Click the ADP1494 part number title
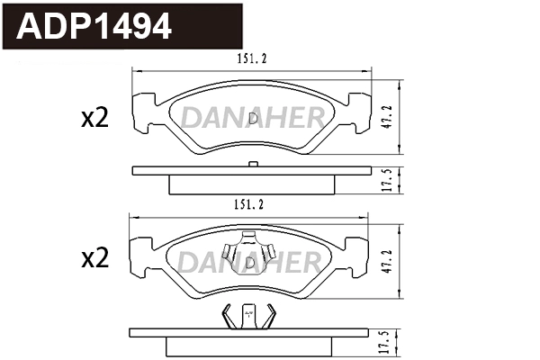(x=94, y=27)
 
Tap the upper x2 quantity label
(x=94, y=119)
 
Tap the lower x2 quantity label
(x=94, y=260)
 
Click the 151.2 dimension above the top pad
(x=253, y=59)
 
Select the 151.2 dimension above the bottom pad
(x=253, y=204)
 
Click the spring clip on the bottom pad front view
(x=249, y=255)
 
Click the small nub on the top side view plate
(x=253, y=164)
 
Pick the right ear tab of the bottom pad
(x=361, y=254)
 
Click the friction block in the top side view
(x=253, y=184)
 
